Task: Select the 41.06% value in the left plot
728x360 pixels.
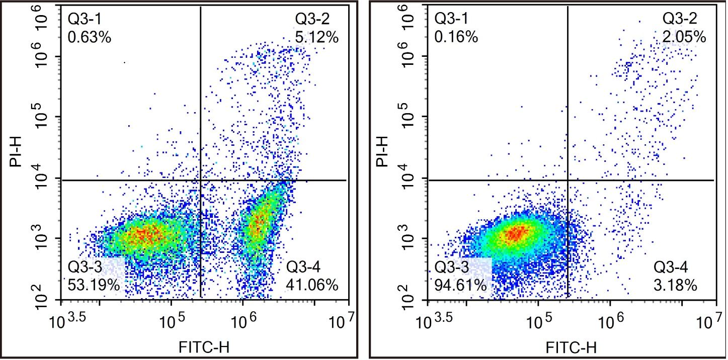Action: coord(312,285)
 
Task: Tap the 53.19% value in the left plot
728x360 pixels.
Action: coord(94,285)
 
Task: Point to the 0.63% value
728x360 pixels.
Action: coord(89,37)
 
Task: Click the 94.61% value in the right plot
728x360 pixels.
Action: coord(461,285)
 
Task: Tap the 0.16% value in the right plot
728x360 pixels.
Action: coord(456,37)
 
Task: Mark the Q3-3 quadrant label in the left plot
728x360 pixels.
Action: coord(86,267)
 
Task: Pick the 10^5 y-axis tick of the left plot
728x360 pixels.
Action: coord(44,117)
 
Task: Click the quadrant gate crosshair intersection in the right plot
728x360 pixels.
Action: coord(568,180)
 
